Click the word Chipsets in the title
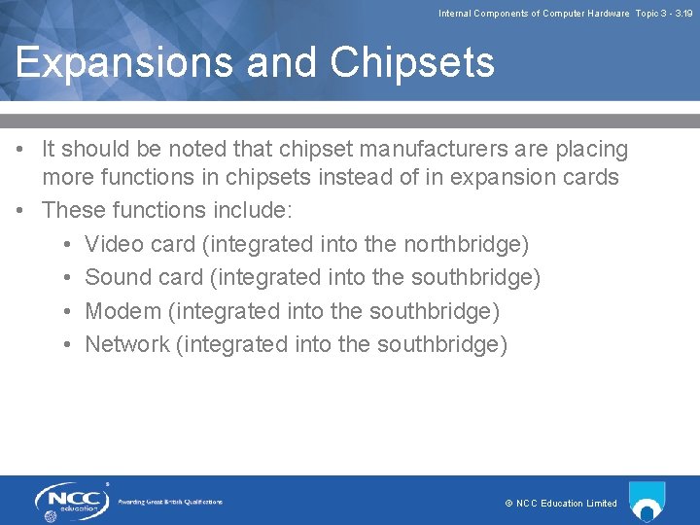(x=412, y=63)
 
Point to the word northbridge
(x=463, y=244)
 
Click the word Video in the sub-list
(x=115, y=244)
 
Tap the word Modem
(x=122, y=311)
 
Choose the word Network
(x=126, y=345)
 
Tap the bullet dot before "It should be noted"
(x=20, y=150)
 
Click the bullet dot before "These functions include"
(x=20, y=211)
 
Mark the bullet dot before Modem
(x=63, y=311)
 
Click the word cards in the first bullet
(x=590, y=178)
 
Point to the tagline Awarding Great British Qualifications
(x=170, y=503)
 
